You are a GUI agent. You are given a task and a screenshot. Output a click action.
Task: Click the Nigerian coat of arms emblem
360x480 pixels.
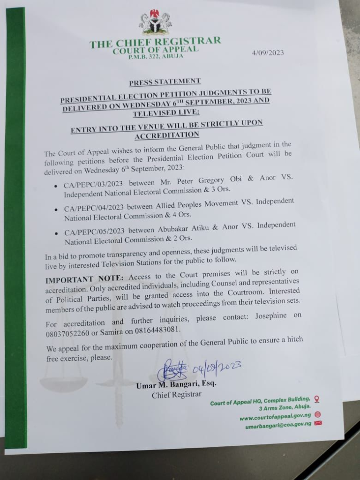tap(155, 23)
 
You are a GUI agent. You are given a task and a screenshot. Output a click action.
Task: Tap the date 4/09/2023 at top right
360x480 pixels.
tap(268, 52)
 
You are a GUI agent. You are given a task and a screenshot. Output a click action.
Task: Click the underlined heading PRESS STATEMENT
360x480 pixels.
tap(165, 82)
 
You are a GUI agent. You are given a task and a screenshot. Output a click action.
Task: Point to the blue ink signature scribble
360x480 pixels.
tap(172, 370)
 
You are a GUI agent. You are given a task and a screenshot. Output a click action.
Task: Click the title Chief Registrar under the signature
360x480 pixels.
tap(176, 395)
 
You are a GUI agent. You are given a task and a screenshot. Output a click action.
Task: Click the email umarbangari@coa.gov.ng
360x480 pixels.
tap(278, 426)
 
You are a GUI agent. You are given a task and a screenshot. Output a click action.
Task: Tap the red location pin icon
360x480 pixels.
tap(316, 399)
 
